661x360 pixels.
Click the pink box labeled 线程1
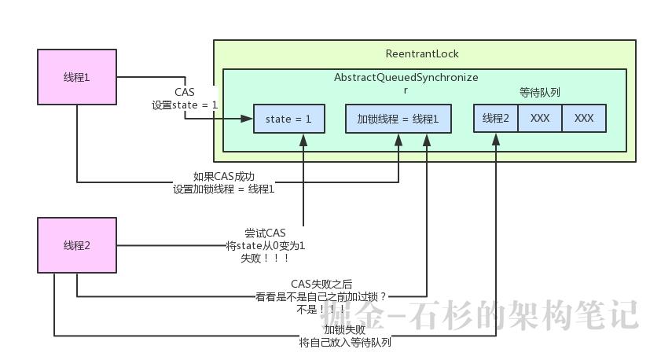click(x=77, y=77)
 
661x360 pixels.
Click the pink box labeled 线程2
click(x=77, y=245)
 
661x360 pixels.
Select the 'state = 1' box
click(x=288, y=119)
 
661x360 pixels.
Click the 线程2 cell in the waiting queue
click(x=495, y=118)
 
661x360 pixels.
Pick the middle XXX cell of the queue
click(x=540, y=118)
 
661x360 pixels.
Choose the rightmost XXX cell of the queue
click(x=584, y=118)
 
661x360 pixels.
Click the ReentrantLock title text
click(x=422, y=53)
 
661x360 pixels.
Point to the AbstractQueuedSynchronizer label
click(x=406, y=79)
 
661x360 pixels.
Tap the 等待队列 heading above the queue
click(x=540, y=93)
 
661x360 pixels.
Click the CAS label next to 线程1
click(x=185, y=92)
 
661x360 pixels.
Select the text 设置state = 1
click(x=185, y=105)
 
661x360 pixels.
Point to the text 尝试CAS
click(x=266, y=233)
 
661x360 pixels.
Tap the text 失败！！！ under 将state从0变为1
click(x=266, y=258)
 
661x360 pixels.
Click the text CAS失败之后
click(x=322, y=284)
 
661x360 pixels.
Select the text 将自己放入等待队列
click(x=345, y=343)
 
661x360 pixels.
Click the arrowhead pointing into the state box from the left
click(x=248, y=119)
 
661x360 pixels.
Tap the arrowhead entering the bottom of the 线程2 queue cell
click(x=496, y=137)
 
